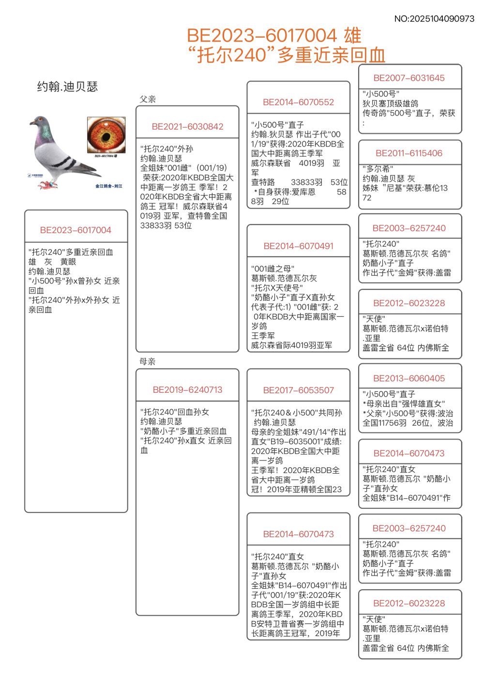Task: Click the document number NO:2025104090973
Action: (434, 19)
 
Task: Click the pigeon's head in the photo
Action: (39, 121)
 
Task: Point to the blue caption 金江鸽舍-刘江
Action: (109, 186)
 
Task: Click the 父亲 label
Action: (148, 99)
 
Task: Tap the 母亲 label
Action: (148, 361)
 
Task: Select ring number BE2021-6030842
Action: (187, 127)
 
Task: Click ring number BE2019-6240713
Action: (187, 390)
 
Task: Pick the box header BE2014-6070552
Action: (298, 102)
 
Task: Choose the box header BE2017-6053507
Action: (298, 390)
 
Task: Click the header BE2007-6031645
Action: (409, 78)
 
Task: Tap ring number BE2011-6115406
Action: (409, 153)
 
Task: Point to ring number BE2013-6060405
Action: (409, 379)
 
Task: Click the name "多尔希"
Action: (378, 169)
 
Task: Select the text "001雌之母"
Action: (272, 268)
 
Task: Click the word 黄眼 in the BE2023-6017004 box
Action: (68, 262)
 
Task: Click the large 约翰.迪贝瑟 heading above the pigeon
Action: (68, 87)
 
